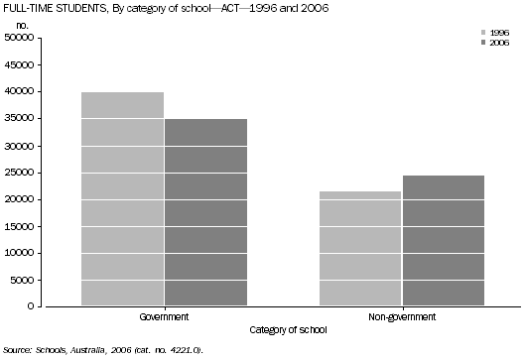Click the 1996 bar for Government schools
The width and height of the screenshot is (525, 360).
(x=123, y=198)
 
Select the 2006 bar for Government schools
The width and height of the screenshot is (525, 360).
(x=205, y=212)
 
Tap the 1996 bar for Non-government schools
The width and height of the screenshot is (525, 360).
(x=360, y=248)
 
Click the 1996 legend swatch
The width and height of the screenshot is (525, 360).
(x=483, y=33)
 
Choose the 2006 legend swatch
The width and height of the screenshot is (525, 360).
(x=483, y=44)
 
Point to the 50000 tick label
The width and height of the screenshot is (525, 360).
(x=20, y=38)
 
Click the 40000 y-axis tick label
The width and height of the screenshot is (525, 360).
(x=20, y=91)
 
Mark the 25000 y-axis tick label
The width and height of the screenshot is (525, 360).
(x=20, y=173)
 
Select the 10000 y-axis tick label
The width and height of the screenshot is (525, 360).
(x=20, y=253)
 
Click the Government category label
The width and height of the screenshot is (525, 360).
(x=165, y=317)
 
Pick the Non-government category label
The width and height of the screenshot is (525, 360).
(x=401, y=317)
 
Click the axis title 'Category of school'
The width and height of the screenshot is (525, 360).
(x=283, y=329)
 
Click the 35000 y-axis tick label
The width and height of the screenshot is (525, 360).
(x=20, y=119)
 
